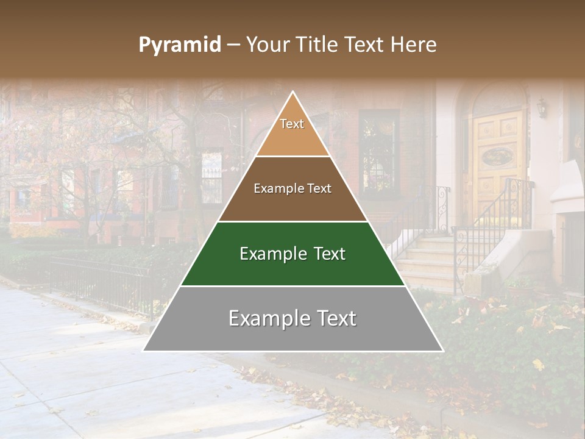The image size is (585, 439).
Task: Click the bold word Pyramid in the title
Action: tap(180, 45)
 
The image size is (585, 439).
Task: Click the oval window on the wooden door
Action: tap(497, 157)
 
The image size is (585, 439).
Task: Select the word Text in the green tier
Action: tap(327, 254)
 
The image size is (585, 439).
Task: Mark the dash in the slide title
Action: tap(233, 45)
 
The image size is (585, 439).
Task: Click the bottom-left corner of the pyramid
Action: tap(144, 351)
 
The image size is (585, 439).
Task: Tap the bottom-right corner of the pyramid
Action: tap(442, 351)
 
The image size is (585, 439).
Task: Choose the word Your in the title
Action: tap(266, 45)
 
